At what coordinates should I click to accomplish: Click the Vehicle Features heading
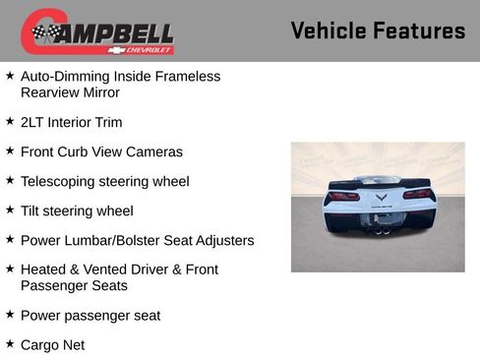click(x=378, y=30)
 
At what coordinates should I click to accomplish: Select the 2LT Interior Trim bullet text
click(x=71, y=123)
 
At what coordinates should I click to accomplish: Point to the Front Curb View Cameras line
click(x=101, y=152)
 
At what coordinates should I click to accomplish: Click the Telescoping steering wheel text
click(x=104, y=182)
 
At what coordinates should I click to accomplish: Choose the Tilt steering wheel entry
click(x=77, y=210)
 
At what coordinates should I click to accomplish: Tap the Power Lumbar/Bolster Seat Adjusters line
click(x=137, y=240)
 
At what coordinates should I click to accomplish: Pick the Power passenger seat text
click(x=90, y=316)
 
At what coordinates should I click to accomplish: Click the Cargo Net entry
click(x=52, y=345)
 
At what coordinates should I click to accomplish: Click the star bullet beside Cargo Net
click(x=10, y=343)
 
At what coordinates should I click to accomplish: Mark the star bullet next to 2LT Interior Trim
click(x=10, y=121)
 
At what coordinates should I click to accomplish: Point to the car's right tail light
click(x=417, y=195)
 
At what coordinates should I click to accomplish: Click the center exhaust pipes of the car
click(x=380, y=230)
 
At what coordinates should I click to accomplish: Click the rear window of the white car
click(x=379, y=180)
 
